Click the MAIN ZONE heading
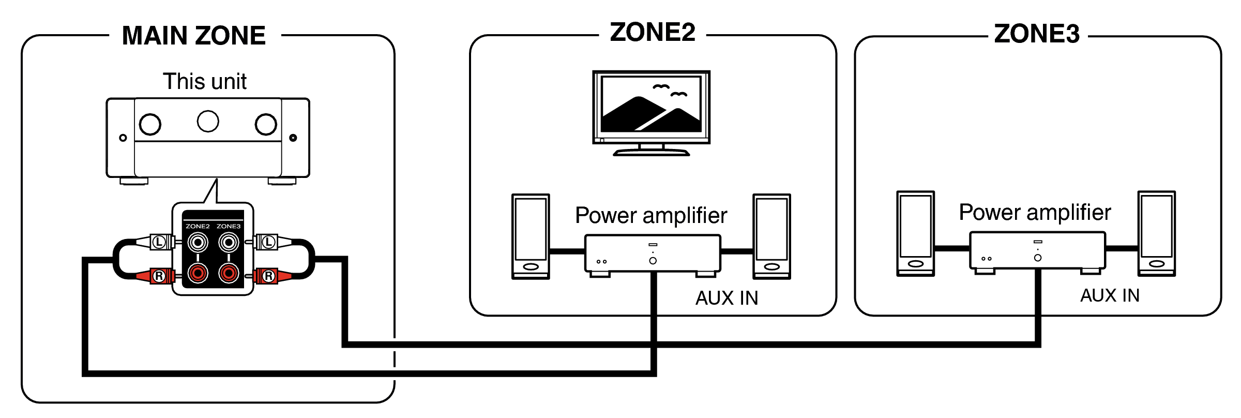click(x=194, y=36)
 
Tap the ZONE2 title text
click(x=653, y=33)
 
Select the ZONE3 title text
click(x=1037, y=34)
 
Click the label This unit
click(x=205, y=81)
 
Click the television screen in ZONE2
click(x=651, y=105)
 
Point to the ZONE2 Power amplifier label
click(x=651, y=215)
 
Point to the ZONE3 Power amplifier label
click(x=1035, y=212)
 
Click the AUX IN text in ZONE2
click(x=727, y=298)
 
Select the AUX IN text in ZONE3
click(x=1110, y=295)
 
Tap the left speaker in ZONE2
click(x=531, y=236)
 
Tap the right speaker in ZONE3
click(x=1157, y=233)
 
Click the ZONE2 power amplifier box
click(x=653, y=253)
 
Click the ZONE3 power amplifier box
click(x=1037, y=250)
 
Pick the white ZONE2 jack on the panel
click(x=198, y=242)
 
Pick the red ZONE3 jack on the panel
click(x=229, y=273)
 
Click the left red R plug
click(x=158, y=276)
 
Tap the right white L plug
click(x=268, y=242)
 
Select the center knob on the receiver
click(x=208, y=121)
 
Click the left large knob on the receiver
click(x=150, y=124)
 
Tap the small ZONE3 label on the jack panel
click(x=229, y=226)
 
